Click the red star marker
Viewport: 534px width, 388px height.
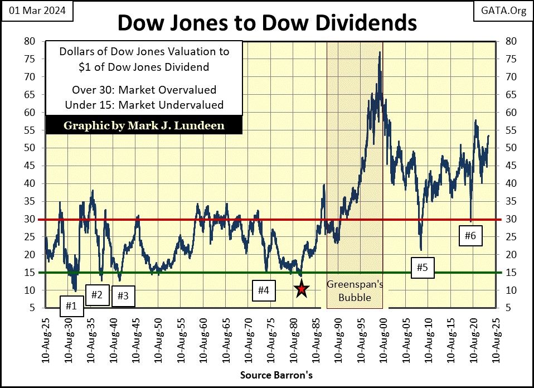301,289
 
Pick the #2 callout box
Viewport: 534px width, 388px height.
96,294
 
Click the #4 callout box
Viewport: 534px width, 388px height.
264,290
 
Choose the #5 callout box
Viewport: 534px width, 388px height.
422,268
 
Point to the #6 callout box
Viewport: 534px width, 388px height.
470,236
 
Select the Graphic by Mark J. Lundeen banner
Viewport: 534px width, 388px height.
144,125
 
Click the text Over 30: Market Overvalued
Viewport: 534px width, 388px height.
144,90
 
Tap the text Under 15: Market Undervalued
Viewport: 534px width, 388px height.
144,104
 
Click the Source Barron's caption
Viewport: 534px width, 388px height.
276,375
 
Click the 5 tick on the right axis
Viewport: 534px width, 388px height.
507,308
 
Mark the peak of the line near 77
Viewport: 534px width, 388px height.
380,52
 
